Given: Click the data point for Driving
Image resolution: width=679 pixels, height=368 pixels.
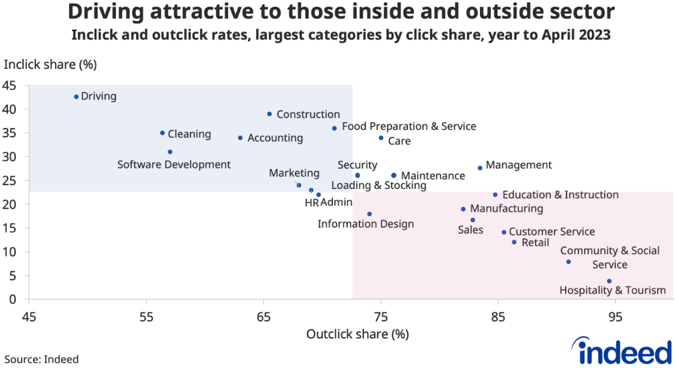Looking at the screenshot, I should (76, 97).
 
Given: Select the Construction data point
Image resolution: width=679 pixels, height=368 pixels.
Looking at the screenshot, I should (269, 114).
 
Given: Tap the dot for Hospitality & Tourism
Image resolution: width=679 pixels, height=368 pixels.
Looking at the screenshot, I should (609, 281).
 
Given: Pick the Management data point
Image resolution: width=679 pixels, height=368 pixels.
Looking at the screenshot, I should (480, 168).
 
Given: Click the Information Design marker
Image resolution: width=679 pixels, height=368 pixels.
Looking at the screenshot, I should (369, 214).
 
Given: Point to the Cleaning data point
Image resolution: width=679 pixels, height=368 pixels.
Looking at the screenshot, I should (162, 133).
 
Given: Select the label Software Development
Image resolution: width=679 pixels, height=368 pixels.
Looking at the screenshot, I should (174, 164).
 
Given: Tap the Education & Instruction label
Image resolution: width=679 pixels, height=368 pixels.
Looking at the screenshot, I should (560, 195).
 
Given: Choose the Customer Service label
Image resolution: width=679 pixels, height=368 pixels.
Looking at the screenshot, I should (552, 232).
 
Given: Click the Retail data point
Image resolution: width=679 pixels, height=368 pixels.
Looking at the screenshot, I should (514, 242).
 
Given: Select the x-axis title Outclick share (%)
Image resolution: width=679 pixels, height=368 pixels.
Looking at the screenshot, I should (357, 334).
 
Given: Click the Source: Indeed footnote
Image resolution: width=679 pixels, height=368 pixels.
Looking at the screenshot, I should (42, 359).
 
